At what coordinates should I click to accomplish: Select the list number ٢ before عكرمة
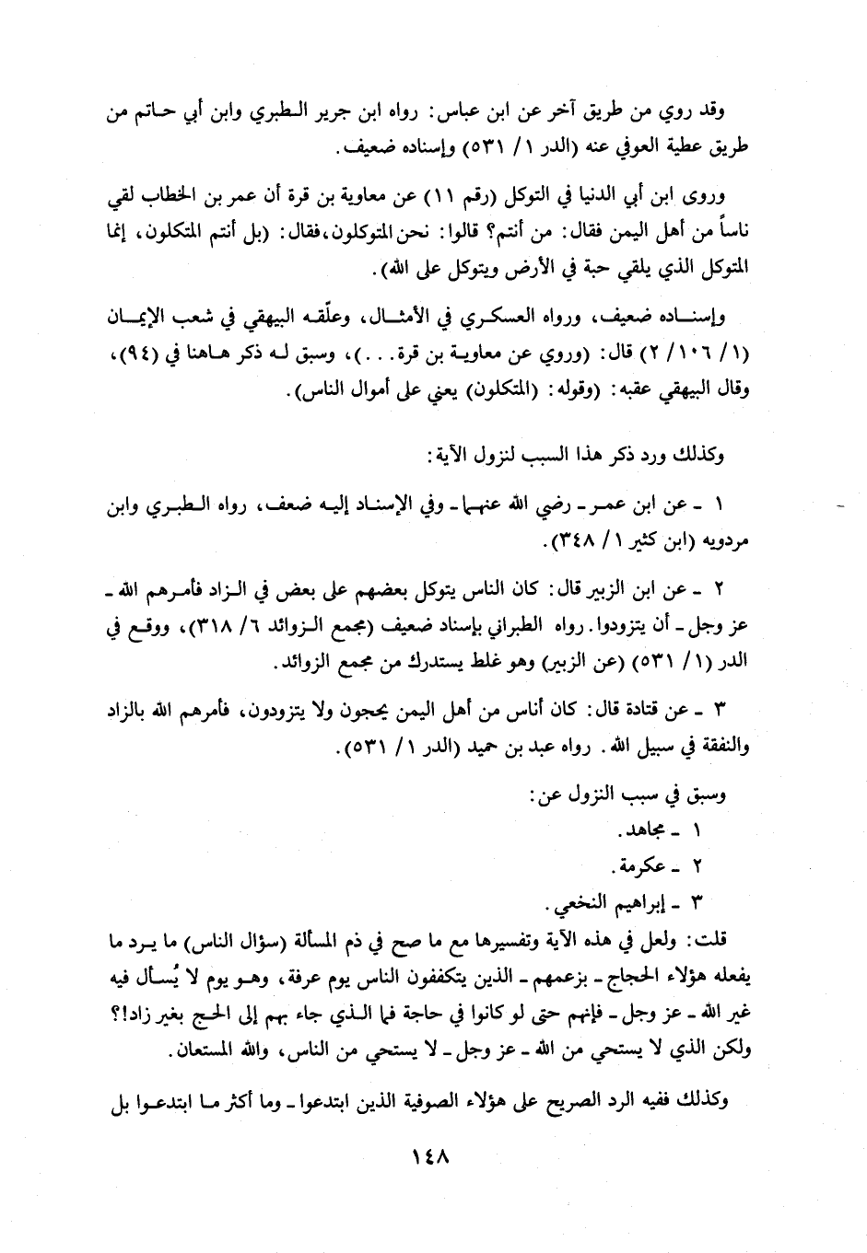point(697,867)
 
